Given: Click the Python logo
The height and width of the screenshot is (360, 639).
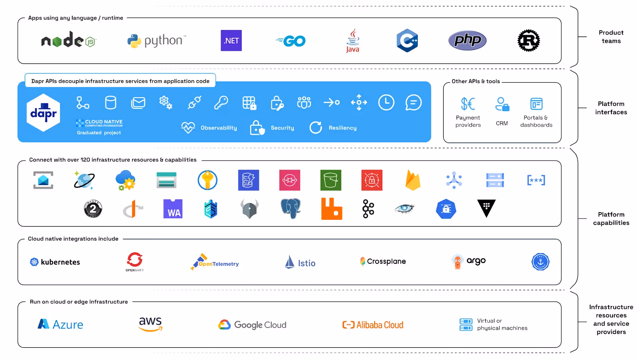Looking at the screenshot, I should click(x=156, y=41).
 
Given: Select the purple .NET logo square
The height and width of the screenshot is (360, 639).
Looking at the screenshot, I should click(x=231, y=41).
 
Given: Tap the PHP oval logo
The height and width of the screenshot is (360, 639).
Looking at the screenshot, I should click(x=467, y=40).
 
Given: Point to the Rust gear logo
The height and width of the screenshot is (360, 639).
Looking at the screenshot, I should click(x=529, y=40).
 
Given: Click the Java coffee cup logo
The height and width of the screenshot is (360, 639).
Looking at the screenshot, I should click(x=353, y=40).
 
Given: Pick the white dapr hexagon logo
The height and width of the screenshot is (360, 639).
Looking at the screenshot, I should click(x=44, y=113).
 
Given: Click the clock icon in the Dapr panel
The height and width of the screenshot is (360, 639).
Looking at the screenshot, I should click(x=386, y=103).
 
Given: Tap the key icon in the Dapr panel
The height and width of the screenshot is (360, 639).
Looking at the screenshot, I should click(x=221, y=103).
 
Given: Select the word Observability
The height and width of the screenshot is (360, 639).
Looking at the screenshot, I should click(x=219, y=128).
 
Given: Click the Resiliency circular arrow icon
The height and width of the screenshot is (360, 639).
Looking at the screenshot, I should click(x=316, y=127).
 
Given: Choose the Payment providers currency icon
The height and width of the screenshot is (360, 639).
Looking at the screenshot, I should click(x=468, y=104).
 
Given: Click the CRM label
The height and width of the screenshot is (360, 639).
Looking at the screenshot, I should click(x=502, y=123).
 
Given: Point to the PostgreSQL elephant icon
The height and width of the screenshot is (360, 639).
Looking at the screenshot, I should click(x=290, y=209).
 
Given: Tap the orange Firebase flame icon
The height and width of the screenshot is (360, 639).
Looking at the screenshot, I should click(x=413, y=180).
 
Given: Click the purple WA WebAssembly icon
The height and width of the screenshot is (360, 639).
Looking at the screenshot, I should click(x=173, y=209).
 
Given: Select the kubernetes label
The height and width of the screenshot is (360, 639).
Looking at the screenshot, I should click(x=60, y=262).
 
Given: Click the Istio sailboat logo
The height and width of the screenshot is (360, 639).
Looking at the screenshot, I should click(x=290, y=262).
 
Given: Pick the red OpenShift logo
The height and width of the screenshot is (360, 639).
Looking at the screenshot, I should click(x=135, y=260).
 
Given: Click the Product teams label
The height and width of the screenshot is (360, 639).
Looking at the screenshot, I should click(x=611, y=37).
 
